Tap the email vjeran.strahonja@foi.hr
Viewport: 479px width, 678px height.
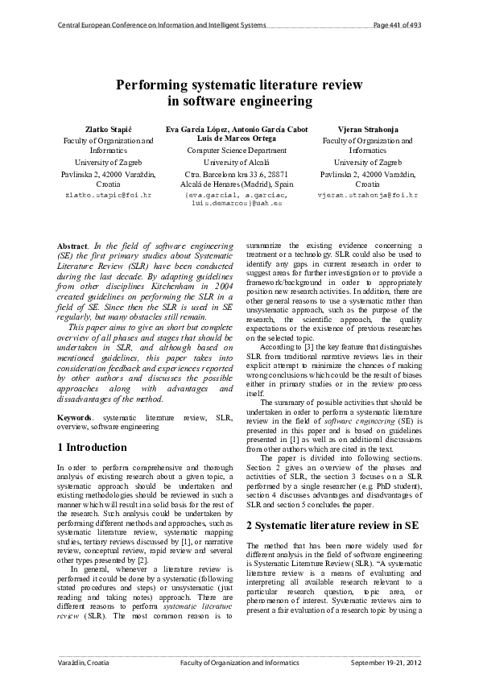point(357,195)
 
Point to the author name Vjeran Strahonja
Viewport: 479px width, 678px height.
point(356,129)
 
